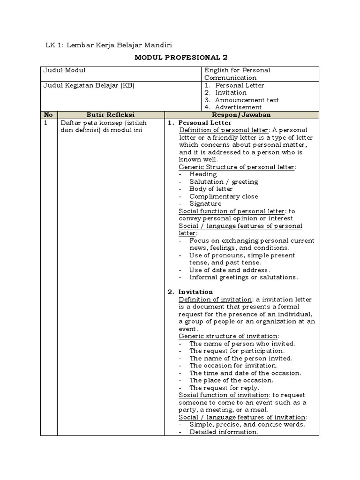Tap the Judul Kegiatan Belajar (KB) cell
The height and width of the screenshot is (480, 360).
click(x=89, y=85)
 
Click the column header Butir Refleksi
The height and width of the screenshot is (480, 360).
click(x=111, y=115)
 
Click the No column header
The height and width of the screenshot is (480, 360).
click(x=48, y=115)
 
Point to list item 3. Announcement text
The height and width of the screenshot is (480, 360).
click(x=242, y=100)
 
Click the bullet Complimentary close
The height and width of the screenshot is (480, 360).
click(x=224, y=196)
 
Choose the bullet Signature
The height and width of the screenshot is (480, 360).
click(x=205, y=204)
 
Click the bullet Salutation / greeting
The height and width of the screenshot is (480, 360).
click(x=224, y=181)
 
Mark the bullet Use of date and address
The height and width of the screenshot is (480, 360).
click(x=229, y=270)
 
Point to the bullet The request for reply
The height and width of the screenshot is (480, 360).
click(x=224, y=388)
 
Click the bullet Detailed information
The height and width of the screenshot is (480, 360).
click(x=224, y=432)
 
